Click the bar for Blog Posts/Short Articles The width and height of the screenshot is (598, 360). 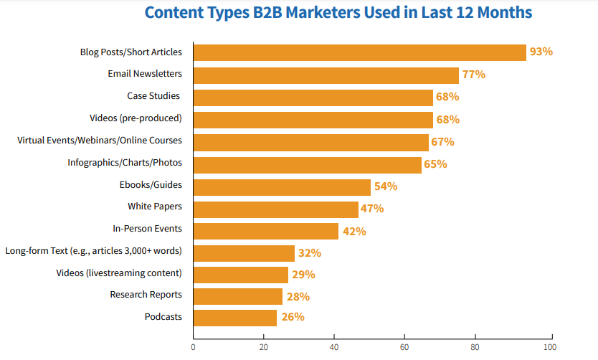coord(360,52)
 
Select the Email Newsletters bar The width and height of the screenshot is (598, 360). coord(326,75)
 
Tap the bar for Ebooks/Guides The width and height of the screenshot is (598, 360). coord(282,188)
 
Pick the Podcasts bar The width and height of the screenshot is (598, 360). coord(235,318)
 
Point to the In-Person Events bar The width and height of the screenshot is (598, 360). coord(266,231)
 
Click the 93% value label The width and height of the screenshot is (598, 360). coord(541,52)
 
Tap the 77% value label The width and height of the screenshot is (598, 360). coord(474,75)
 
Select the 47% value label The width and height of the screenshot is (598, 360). coord(372,209)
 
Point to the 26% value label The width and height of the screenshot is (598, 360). coord(293,317)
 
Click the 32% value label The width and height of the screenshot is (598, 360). coord(310,253)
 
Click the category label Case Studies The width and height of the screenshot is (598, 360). coord(153,95)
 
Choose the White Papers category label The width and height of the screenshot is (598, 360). coord(155,207)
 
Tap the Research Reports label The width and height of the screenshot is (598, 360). coord(146,295)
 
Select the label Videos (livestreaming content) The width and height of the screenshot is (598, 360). coord(119,273)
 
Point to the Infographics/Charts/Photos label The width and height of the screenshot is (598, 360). coord(125,163)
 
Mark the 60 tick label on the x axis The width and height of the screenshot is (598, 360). coord(404,347)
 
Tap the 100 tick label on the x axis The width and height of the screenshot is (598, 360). coord(550,347)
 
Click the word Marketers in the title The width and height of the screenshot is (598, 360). coord(323,13)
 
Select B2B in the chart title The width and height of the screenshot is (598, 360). coord(267,13)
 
